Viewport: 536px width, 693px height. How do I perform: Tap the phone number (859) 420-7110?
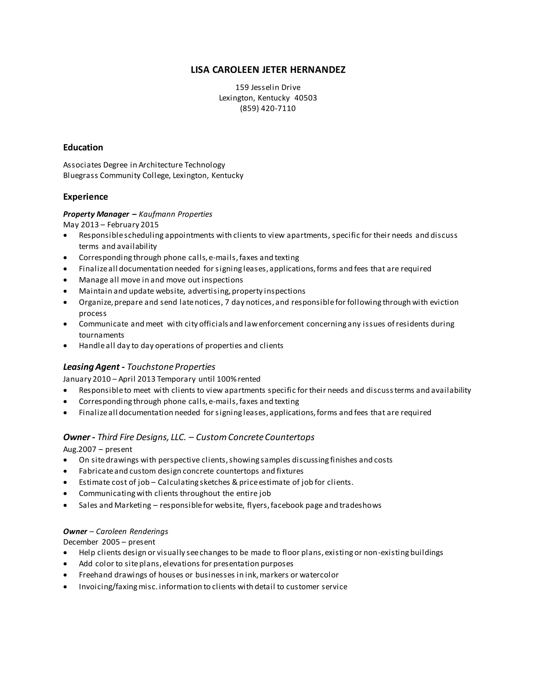click(268, 109)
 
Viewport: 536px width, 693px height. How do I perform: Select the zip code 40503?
click(305, 98)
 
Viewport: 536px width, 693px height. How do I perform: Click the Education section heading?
click(83, 147)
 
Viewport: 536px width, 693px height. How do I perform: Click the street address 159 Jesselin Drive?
click(268, 87)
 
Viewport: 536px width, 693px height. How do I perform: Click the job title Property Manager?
click(96, 214)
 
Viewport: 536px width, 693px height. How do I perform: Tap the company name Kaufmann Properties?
click(176, 214)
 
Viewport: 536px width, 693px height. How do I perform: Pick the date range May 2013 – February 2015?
click(111, 225)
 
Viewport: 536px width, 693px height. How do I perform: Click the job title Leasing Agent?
click(91, 367)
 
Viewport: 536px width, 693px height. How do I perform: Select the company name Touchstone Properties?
click(171, 367)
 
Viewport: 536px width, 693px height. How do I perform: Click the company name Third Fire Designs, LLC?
click(142, 437)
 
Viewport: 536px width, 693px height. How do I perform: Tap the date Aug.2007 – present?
click(97, 449)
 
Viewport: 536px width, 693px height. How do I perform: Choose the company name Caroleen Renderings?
click(132, 531)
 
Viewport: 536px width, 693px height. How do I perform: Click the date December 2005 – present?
click(109, 542)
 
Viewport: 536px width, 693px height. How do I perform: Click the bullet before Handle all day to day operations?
click(65, 346)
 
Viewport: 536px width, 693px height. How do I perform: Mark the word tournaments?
click(101, 335)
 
